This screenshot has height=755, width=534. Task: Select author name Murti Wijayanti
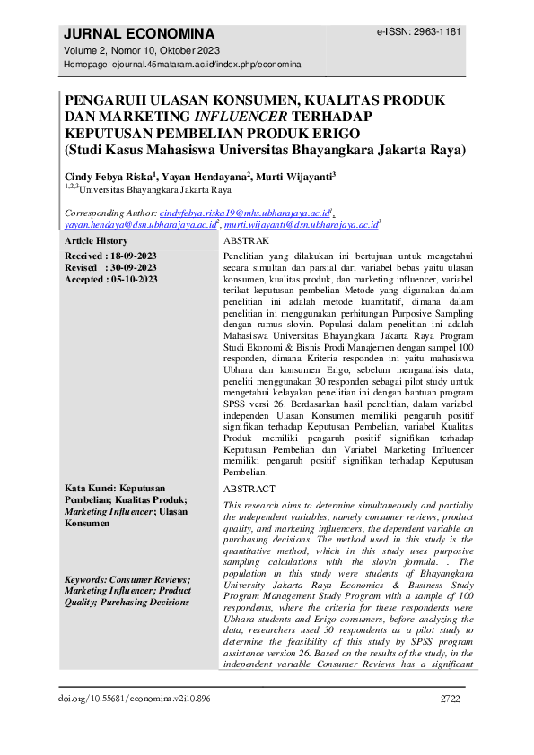(x=294, y=177)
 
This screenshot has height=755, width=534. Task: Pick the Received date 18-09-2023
(x=126, y=256)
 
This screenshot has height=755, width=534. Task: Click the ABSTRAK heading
(x=245, y=242)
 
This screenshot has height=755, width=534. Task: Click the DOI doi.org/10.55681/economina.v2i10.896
(x=132, y=699)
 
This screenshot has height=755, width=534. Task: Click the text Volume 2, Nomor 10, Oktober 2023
(x=142, y=50)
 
